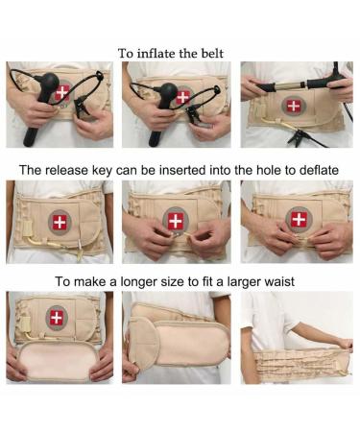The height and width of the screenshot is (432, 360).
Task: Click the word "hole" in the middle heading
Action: click(265, 169)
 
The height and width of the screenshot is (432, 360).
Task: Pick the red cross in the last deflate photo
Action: click(299, 219)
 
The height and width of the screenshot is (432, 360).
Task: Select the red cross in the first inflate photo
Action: click(62, 93)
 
